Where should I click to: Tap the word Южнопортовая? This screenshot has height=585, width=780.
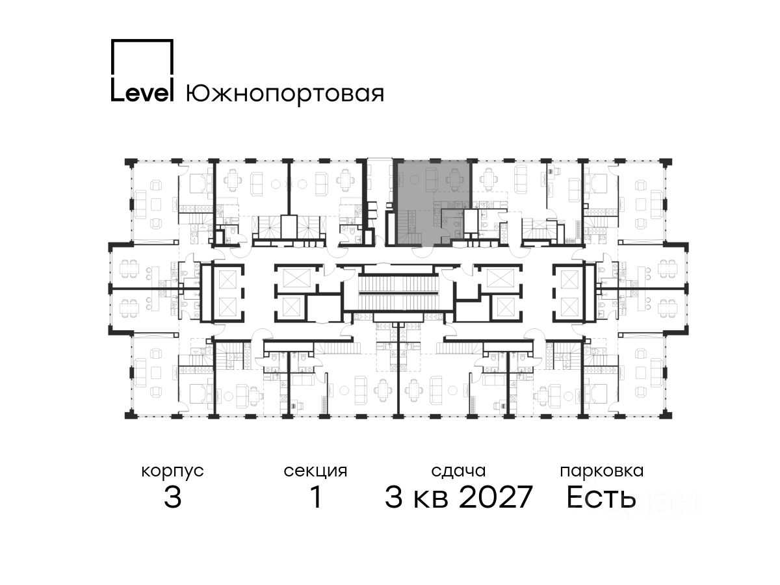pos(285,94)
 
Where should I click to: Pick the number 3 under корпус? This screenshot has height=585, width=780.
pos(173,497)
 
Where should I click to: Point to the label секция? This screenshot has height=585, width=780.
pos(315,472)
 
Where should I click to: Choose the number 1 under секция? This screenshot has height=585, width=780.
pos(316,497)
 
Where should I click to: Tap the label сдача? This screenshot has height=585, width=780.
pos(458,472)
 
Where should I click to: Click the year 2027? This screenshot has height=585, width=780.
pos(496,497)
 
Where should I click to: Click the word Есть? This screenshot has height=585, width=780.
pos(601,497)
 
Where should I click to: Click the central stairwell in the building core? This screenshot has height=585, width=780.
pos(397,292)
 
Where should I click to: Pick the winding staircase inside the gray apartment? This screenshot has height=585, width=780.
pos(409,227)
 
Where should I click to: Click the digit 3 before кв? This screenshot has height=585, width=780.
pos(394,497)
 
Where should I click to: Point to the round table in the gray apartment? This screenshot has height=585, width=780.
pos(413,181)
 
